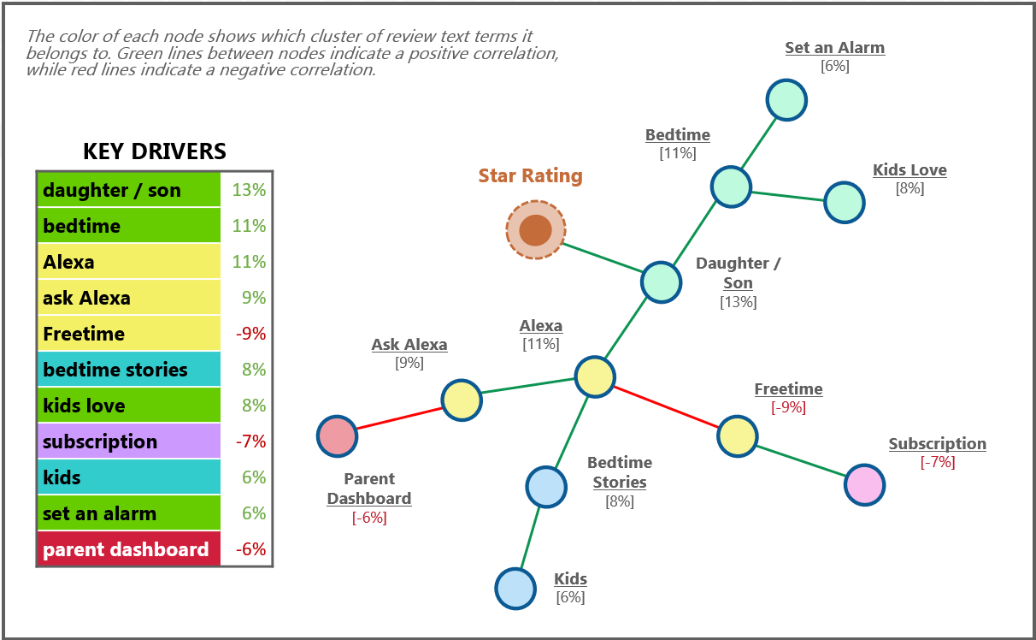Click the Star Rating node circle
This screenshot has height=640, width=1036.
point(535,229)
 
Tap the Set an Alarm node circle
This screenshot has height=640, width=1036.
point(786,100)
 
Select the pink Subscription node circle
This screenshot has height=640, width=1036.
point(864,485)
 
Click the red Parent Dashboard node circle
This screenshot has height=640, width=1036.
point(337,436)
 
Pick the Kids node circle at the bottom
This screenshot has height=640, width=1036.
point(515,589)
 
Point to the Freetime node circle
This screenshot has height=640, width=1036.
point(737,436)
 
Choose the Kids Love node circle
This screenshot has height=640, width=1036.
point(844,203)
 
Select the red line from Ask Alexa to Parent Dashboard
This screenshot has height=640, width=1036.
point(399,418)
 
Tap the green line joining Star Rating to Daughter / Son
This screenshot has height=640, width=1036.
point(601,257)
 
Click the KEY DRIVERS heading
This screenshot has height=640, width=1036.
point(155,151)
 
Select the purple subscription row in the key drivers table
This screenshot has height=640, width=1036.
point(128,441)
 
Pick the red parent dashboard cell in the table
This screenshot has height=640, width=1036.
point(128,549)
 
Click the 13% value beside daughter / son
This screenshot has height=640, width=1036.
point(249,190)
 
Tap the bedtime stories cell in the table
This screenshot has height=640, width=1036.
point(128,370)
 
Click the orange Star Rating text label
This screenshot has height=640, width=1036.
point(530,176)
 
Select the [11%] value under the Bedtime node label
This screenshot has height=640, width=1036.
point(678,153)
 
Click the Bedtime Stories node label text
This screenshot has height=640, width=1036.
point(619,472)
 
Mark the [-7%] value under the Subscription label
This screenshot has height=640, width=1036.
point(938,462)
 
